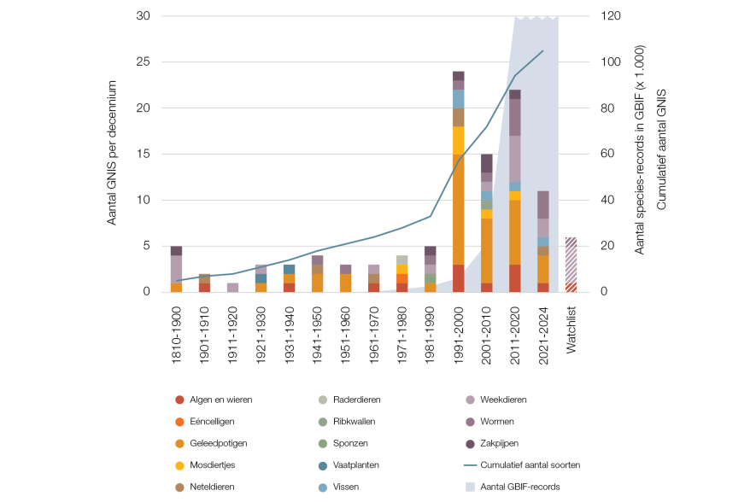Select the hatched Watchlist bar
(x=571, y=265)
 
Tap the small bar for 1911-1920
(x=233, y=288)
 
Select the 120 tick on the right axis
(x=613, y=16)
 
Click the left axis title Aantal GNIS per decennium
(x=112, y=154)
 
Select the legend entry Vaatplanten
(x=356, y=465)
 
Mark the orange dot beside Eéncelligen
(x=179, y=421)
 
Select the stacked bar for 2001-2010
(x=487, y=223)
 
